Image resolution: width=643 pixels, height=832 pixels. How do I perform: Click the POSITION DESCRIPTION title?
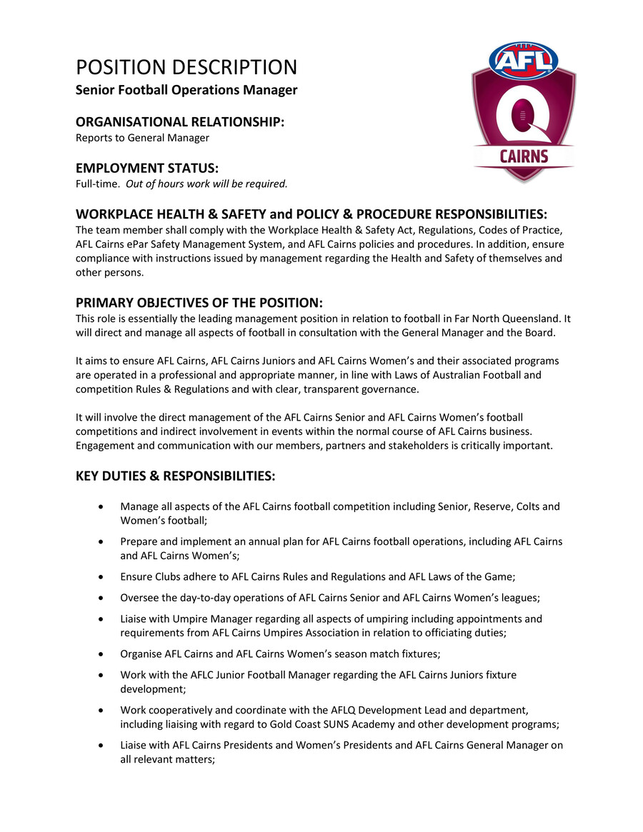[x=186, y=68]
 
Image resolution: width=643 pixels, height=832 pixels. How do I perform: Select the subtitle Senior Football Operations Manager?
[x=186, y=91]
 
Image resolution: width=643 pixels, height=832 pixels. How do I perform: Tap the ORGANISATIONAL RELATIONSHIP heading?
[x=180, y=122]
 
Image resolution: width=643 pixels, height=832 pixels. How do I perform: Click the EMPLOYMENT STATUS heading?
[x=147, y=169]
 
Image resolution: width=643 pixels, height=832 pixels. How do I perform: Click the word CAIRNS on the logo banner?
[x=524, y=156]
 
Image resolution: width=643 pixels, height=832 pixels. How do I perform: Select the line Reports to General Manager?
[x=142, y=138]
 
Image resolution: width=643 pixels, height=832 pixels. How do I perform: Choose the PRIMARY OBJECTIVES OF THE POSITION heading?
[x=199, y=303]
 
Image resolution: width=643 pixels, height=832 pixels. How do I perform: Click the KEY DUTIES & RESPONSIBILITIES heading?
[x=176, y=476]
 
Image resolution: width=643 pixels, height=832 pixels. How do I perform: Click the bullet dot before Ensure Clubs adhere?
[x=105, y=576]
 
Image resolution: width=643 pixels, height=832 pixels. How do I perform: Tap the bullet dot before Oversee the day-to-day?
[x=105, y=598]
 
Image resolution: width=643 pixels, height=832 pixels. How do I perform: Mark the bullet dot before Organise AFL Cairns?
[x=105, y=653]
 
